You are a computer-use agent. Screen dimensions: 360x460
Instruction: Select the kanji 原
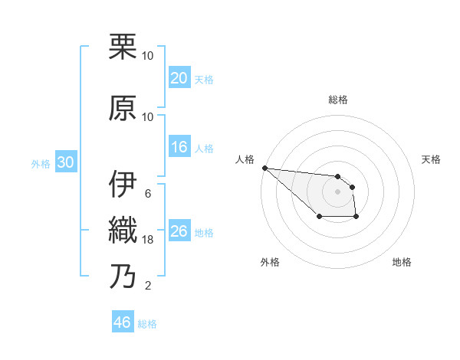(123, 108)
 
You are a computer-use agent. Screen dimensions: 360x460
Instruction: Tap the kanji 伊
(123, 184)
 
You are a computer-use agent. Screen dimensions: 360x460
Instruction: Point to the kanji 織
(123, 230)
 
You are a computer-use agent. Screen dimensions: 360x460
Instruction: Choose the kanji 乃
(123, 276)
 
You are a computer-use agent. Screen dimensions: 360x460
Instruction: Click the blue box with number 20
(179, 79)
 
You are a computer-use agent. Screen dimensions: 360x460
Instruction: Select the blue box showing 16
(179, 148)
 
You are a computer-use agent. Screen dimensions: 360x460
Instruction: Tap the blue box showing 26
(179, 231)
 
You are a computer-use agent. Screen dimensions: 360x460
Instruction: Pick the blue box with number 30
(65, 162)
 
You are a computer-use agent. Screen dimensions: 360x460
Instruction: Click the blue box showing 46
(123, 322)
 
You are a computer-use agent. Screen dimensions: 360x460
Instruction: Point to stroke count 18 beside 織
(148, 240)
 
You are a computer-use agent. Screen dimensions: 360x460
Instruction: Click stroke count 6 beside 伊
(148, 193)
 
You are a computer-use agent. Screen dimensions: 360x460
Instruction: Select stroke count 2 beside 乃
(148, 286)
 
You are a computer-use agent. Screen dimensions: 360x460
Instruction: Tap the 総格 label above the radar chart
(338, 100)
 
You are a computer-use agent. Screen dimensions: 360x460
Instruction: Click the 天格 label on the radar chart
(432, 159)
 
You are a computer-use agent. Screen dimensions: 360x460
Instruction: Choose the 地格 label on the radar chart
(402, 263)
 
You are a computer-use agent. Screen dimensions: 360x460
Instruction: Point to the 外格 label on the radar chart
(270, 263)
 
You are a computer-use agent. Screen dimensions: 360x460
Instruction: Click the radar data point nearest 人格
(264, 168)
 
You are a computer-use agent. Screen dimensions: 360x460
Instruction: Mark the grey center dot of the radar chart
(337, 191)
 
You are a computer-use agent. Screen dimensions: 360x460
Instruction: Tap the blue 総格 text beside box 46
(148, 324)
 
